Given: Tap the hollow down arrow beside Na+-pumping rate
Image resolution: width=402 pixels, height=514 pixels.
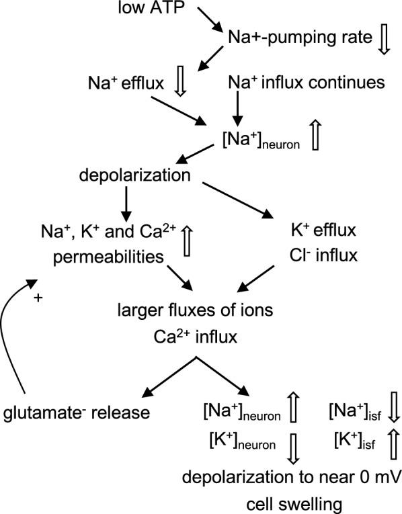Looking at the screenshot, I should point(384,41).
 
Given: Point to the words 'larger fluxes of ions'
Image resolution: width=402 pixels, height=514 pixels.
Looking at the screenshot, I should point(194,311).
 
